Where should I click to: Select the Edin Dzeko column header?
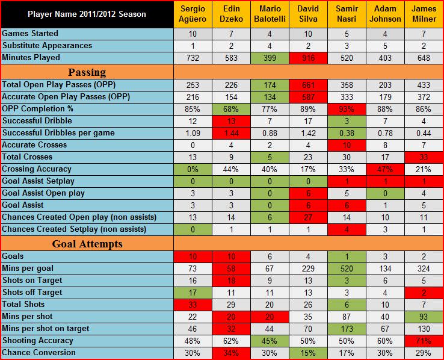click(230, 14)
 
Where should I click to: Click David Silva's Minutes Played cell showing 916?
click(307, 58)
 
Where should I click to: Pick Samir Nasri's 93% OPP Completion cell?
click(346, 108)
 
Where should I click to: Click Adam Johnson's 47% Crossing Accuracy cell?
click(384, 169)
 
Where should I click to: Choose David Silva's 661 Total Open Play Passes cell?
click(307, 84)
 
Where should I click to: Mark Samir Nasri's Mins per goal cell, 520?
click(346, 268)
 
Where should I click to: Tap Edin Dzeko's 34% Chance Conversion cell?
click(230, 352)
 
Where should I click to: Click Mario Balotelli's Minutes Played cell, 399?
click(269, 58)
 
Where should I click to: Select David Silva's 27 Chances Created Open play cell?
click(307, 217)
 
